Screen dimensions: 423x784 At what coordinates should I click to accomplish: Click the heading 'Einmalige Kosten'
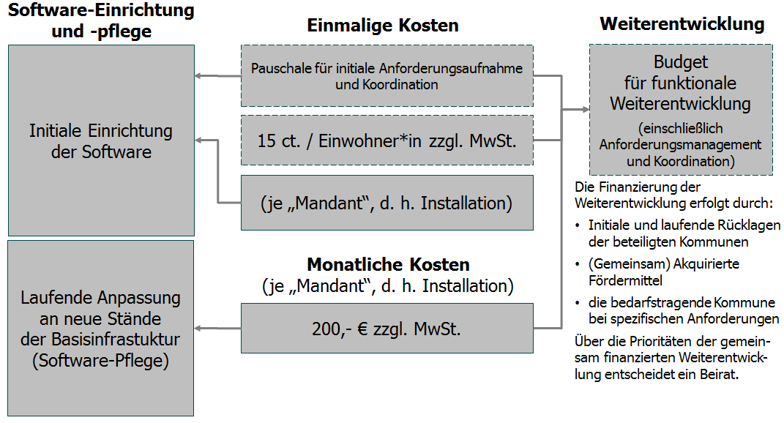[x=383, y=26]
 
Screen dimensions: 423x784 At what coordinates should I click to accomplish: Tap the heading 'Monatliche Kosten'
[x=388, y=264]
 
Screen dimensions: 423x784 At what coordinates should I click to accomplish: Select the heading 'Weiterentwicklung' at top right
[x=682, y=24]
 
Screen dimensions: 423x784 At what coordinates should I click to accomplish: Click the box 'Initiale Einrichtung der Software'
[x=101, y=141]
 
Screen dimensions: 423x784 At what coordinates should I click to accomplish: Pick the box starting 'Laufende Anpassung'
[x=101, y=329]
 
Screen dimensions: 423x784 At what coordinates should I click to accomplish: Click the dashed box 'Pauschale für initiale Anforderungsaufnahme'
[x=387, y=76]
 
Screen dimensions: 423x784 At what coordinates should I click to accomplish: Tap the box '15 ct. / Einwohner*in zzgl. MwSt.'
[x=387, y=140]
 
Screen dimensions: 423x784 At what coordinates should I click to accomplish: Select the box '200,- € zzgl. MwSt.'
[x=387, y=329]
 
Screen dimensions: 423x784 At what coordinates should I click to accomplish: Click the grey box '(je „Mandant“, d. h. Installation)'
[x=387, y=203]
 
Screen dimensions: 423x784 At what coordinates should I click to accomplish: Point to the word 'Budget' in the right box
[x=681, y=62]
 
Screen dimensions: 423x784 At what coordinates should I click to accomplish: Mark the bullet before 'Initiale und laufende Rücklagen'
[x=579, y=225]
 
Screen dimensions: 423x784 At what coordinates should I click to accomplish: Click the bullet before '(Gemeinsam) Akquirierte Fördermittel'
[x=579, y=263]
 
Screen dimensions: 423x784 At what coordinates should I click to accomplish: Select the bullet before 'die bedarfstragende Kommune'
[x=579, y=302]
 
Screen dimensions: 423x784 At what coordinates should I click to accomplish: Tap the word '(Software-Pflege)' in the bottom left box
[x=100, y=361]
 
